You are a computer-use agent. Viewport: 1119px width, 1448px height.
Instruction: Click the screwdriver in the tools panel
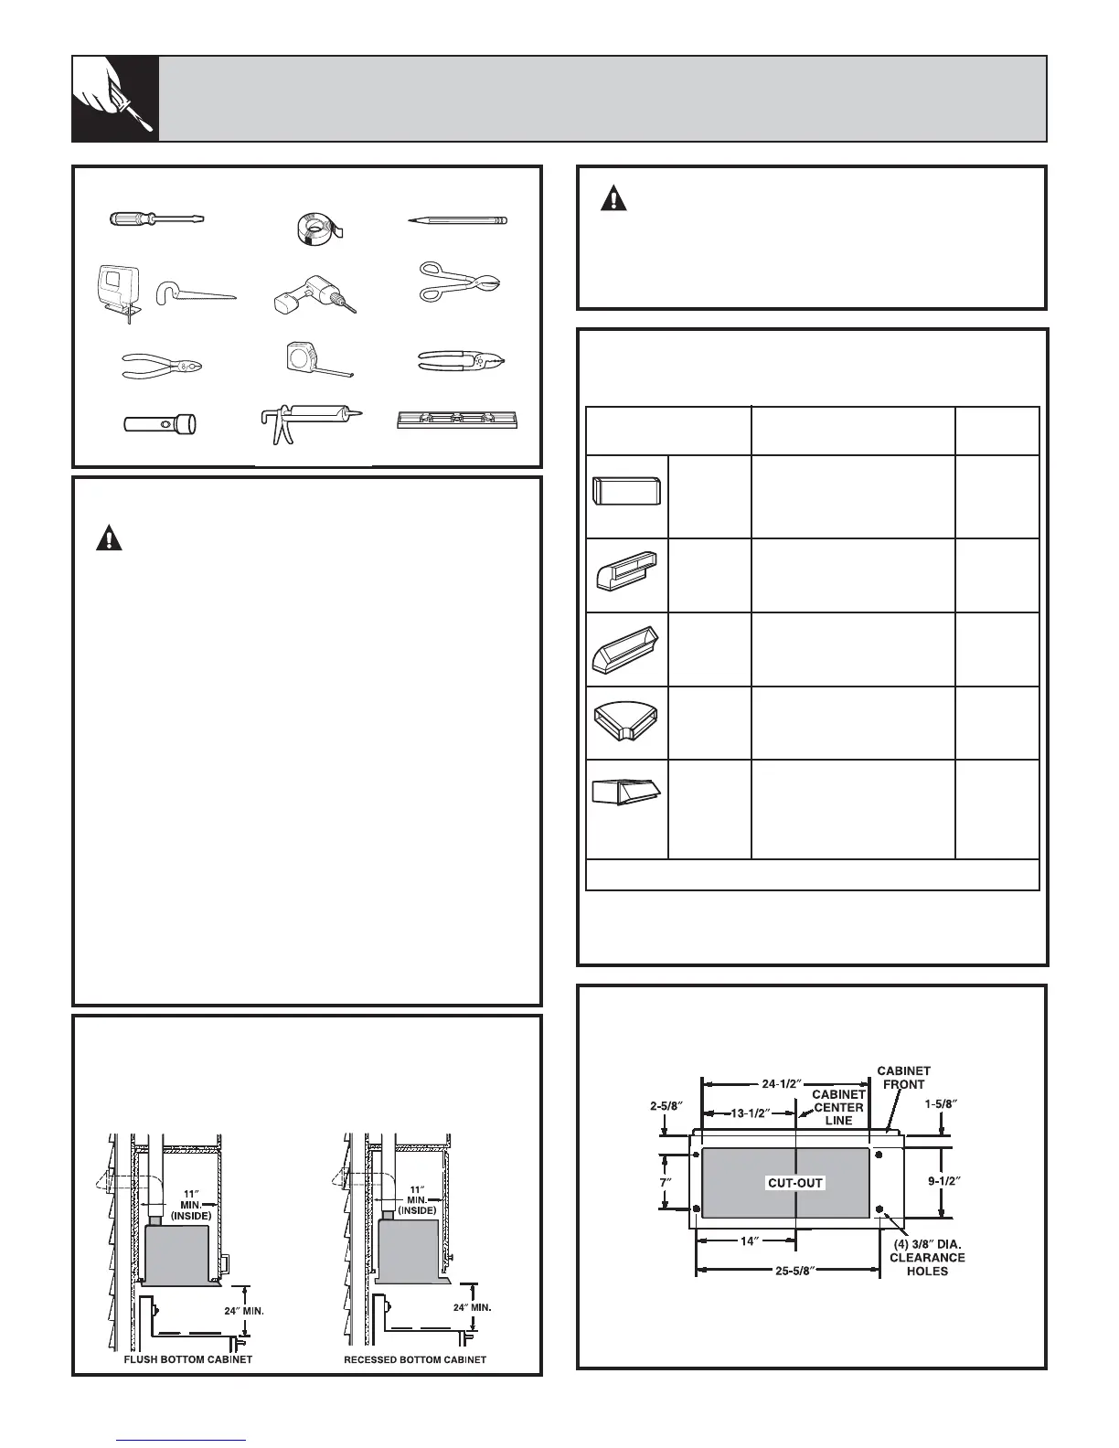coord(156,219)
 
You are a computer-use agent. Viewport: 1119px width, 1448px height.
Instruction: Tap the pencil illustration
coord(457,220)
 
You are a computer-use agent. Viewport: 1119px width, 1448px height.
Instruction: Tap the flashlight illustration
coord(162,424)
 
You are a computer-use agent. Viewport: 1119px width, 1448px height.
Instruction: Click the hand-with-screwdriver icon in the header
coord(115,99)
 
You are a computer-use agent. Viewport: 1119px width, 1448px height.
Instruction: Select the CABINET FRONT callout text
coord(904,1077)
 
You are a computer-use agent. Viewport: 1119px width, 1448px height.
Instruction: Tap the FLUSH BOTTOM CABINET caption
coord(187,1359)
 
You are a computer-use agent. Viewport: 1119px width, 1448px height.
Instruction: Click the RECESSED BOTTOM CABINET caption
coord(415,1359)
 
